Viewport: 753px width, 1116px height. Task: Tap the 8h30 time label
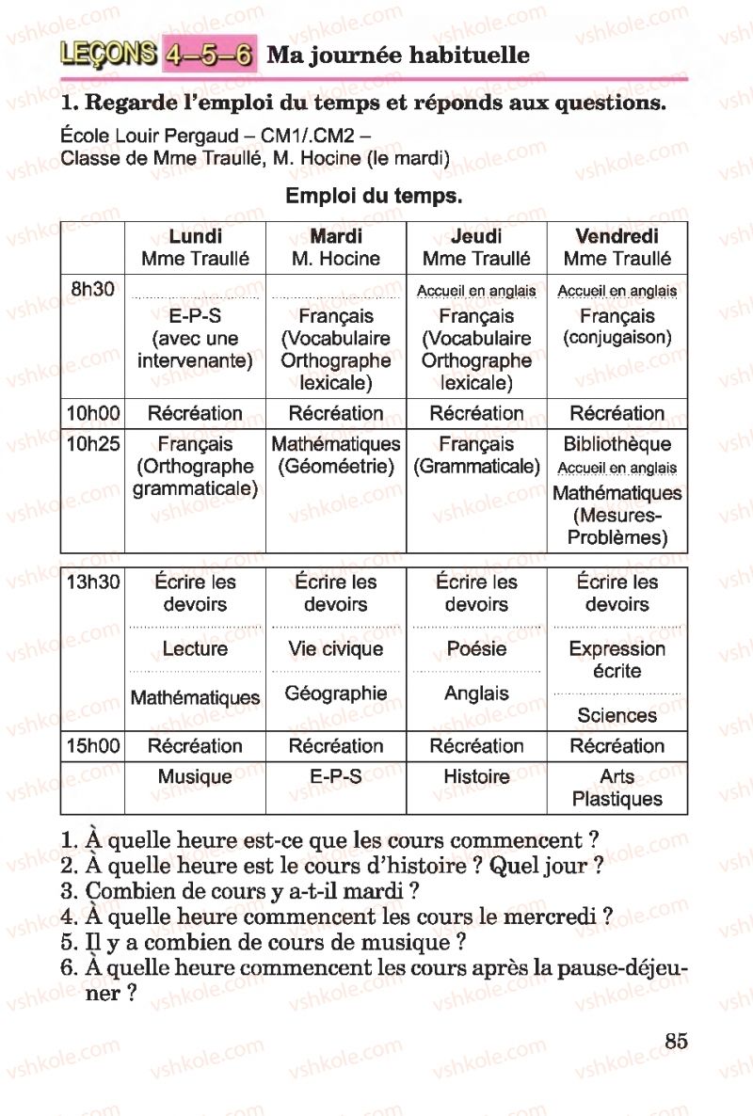point(92,290)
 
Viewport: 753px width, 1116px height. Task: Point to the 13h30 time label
point(92,582)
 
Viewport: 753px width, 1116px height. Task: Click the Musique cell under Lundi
point(195,777)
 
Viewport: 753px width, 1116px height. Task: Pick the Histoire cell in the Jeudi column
point(476,777)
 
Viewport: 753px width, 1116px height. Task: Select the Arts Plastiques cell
point(617,789)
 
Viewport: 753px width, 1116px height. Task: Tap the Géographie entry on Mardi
point(336,694)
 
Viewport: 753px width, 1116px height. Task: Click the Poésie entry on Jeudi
point(476,649)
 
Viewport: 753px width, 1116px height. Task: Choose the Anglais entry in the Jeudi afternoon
point(476,694)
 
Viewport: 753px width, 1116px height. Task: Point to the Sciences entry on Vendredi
point(617,716)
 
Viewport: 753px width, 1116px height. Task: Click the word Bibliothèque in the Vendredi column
point(617,444)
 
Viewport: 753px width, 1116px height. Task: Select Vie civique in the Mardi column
point(336,649)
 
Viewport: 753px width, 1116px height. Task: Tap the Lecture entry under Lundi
point(195,649)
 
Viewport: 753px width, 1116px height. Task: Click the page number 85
point(676,1042)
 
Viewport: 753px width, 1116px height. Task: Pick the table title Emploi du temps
point(373,197)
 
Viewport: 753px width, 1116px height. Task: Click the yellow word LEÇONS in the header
point(107,55)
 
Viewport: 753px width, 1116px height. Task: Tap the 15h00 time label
point(92,747)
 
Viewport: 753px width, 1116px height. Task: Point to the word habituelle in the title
point(472,56)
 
